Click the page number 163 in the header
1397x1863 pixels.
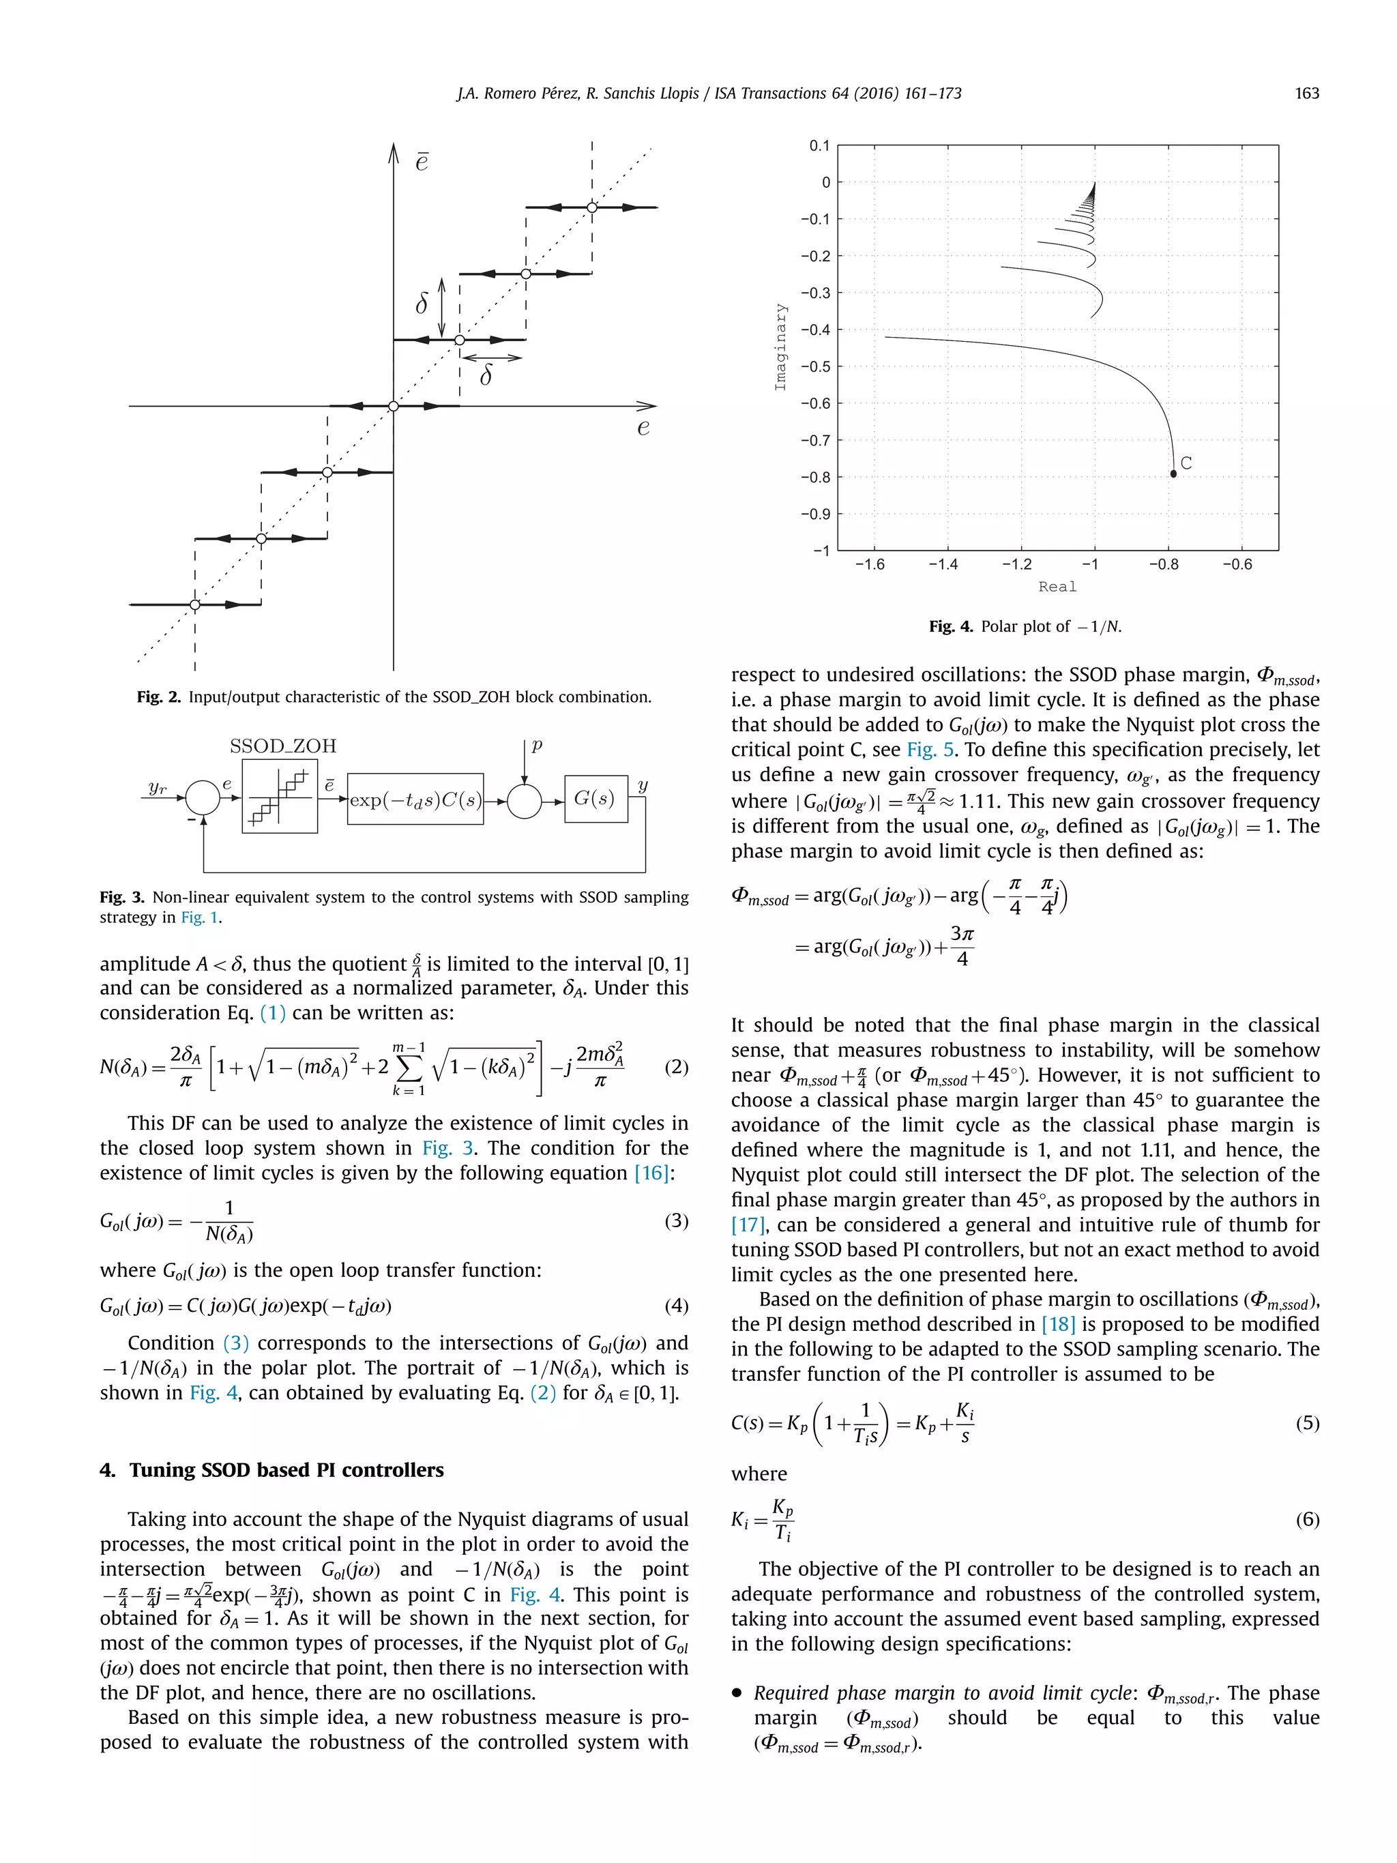pos(1306,93)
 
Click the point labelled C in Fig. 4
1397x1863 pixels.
pos(1173,474)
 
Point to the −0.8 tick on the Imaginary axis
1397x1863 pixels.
pos(814,478)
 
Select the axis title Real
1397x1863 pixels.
pos(1057,587)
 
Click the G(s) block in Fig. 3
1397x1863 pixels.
pos(595,798)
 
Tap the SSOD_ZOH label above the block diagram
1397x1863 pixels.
pos(283,746)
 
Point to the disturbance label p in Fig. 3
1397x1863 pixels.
pos(536,746)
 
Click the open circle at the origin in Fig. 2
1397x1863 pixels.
pos(394,406)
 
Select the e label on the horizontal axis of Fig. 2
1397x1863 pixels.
pos(643,428)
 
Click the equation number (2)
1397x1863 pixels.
pos(676,1067)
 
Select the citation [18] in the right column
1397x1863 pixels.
pos(1058,1324)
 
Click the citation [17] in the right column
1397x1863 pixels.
pos(747,1224)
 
